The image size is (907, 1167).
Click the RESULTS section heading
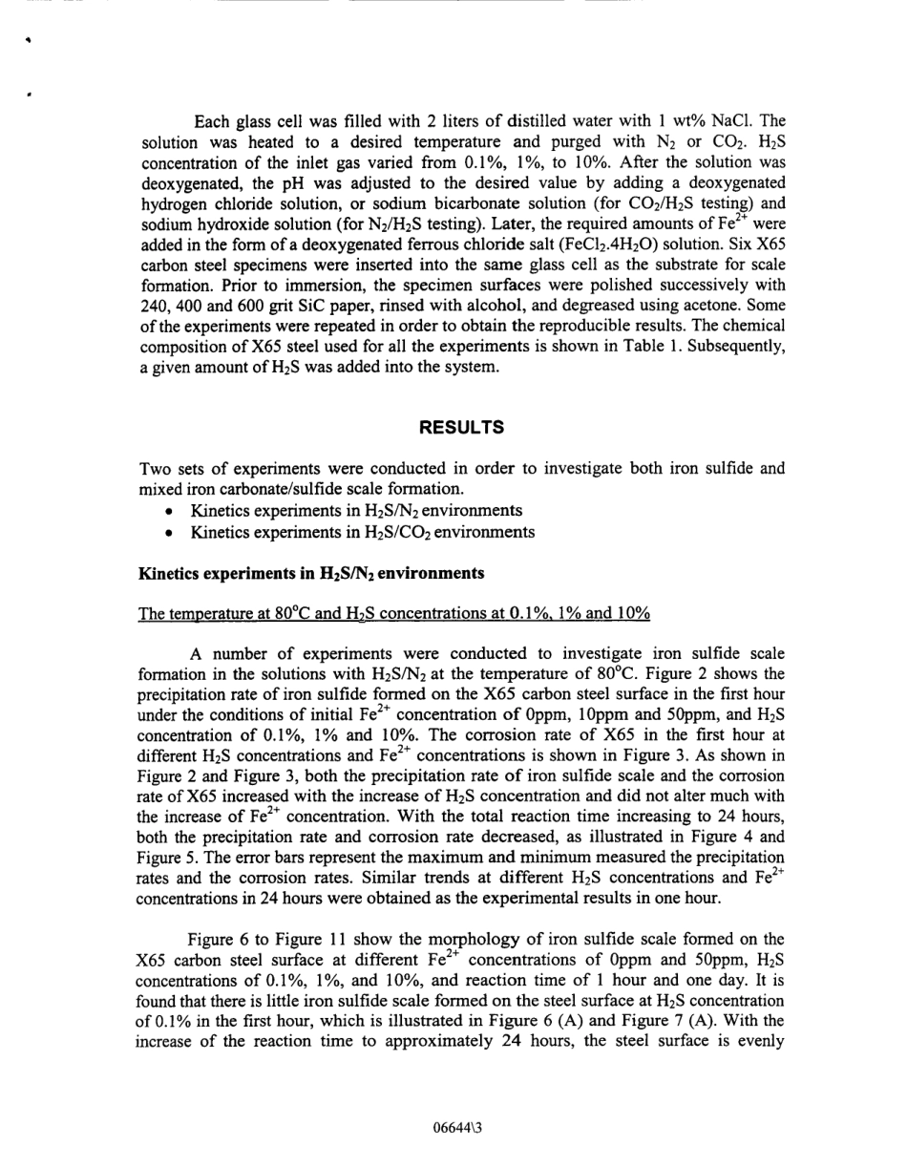461,428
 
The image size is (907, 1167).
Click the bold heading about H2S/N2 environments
298,574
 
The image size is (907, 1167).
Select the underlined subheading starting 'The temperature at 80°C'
394,613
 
